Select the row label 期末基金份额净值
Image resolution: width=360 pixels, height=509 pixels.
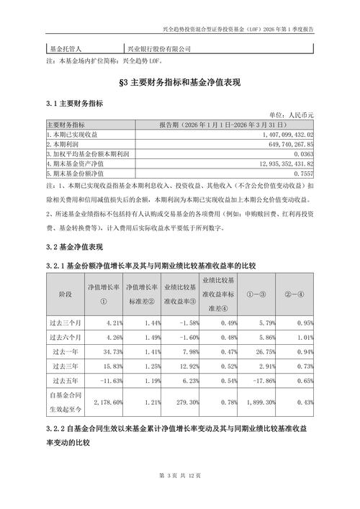(76, 174)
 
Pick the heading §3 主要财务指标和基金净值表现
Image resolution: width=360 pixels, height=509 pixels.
(180, 84)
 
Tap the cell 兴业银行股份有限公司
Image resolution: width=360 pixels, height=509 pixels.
(159, 48)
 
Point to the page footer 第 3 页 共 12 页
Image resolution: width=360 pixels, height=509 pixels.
(180, 495)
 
